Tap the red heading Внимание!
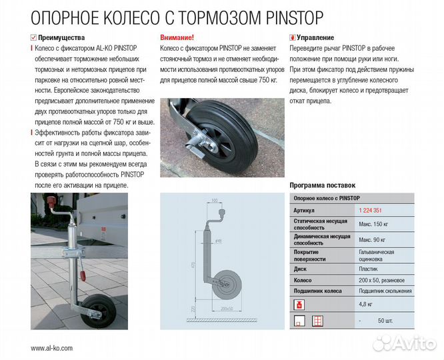click(x=177, y=38)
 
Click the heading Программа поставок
click(x=323, y=185)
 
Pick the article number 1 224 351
click(x=372, y=211)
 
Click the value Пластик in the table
click(x=369, y=269)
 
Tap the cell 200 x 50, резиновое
click(x=383, y=280)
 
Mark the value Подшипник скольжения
click(x=385, y=291)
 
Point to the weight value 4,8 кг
click(x=367, y=305)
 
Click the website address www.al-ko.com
click(x=52, y=348)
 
